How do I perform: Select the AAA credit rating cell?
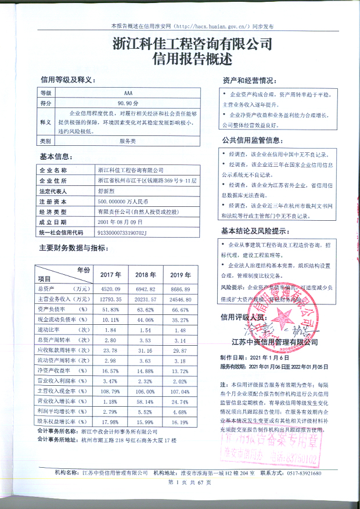pos(128,93)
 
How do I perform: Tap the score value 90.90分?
pos(128,102)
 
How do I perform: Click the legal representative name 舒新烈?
pos(107,191)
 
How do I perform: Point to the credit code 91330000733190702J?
pos(124,232)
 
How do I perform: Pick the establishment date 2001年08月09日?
pos(120,222)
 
